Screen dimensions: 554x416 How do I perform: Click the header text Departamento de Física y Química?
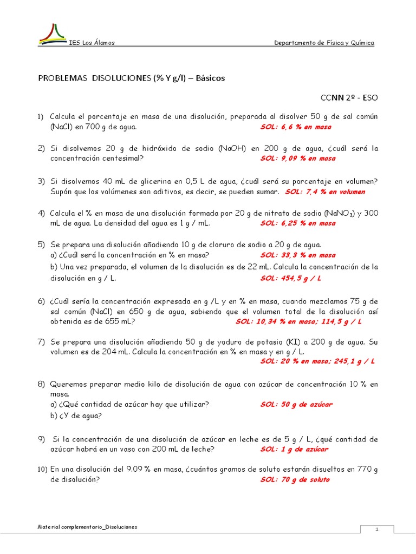pyautogui.click(x=324, y=43)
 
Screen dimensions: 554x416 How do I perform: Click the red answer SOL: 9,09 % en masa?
pyautogui.click(x=297, y=159)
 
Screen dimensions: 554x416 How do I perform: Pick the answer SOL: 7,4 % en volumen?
pyautogui.click(x=325, y=192)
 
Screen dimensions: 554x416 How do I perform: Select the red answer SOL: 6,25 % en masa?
pyautogui.click(x=297, y=223)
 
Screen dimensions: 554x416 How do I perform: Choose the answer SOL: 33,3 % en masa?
pyautogui.click(x=297, y=255)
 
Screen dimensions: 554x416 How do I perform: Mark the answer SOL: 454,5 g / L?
pyautogui.click(x=291, y=278)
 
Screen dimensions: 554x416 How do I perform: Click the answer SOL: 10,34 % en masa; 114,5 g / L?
pyautogui.click(x=298, y=321)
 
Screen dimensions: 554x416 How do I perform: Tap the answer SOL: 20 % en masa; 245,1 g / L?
pyautogui.click(x=317, y=361)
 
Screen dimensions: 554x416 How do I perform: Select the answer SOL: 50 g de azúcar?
pyautogui.click(x=296, y=404)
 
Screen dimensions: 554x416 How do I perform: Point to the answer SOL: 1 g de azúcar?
pyautogui.click(x=294, y=449)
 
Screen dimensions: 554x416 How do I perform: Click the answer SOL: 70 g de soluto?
pyautogui.click(x=295, y=479)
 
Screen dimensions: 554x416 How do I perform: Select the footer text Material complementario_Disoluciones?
pyautogui.click(x=88, y=527)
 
